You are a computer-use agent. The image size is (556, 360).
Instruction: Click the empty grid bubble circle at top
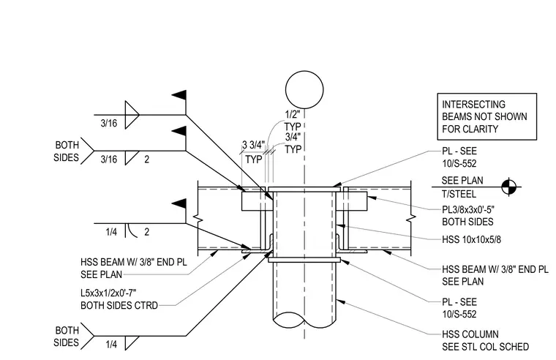pyautogui.click(x=304, y=71)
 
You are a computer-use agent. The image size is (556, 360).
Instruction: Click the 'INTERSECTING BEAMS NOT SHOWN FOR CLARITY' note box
pyautogui.click(x=487, y=94)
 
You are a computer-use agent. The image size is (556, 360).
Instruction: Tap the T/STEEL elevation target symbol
pyautogui.click(x=510, y=187)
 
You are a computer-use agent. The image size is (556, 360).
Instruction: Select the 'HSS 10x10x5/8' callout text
pyautogui.click(x=471, y=240)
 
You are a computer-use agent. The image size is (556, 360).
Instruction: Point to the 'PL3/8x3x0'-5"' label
pyautogui.click(x=468, y=209)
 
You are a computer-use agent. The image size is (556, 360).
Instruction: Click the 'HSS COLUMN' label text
pyautogui.click(x=470, y=334)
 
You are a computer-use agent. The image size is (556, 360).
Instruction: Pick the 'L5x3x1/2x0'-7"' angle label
pyautogui.click(x=108, y=293)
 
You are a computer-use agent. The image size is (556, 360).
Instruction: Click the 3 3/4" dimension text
pyautogui.click(x=253, y=145)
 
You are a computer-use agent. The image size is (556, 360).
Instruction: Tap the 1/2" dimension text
pyautogui.click(x=293, y=114)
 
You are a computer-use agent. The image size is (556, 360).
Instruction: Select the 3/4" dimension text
pyautogui.click(x=293, y=137)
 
